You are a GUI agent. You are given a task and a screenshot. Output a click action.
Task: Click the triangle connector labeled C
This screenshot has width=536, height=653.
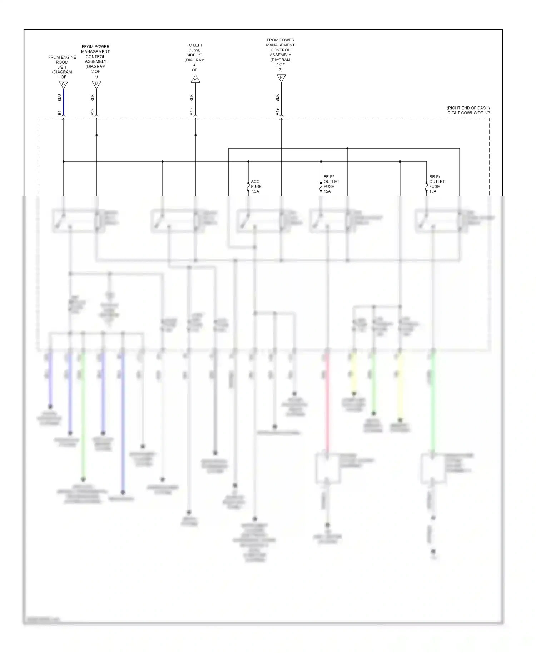pyautogui.click(x=63, y=85)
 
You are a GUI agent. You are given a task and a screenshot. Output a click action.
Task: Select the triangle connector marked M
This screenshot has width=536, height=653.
pyautogui.click(x=96, y=85)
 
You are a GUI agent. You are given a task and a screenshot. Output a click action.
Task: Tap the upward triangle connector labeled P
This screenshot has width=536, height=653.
pyautogui.click(x=195, y=79)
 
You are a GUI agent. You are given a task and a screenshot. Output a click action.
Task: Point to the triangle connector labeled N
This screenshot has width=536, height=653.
pyautogui.click(x=281, y=78)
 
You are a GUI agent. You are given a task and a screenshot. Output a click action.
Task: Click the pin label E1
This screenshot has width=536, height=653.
pyautogui.click(x=60, y=113)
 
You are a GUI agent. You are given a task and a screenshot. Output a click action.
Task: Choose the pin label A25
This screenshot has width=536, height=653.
pyautogui.click(x=93, y=112)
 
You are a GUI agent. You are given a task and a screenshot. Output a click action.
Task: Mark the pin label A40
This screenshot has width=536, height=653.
pyautogui.click(x=192, y=112)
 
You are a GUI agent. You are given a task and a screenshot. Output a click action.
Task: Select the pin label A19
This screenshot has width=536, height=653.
pyautogui.click(x=278, y=112)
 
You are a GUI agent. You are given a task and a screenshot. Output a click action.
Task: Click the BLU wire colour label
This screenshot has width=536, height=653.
pyautogui.click(x=60, y=98)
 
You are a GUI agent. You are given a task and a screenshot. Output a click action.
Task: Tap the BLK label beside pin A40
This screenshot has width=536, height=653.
pyautogui.click(x=192, y=98)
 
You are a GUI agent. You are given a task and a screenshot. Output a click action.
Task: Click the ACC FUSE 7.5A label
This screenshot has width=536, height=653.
pyautogui.click(x=256, y=186)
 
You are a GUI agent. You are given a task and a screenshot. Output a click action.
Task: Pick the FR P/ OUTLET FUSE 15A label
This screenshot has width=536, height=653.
pyautogui.click(x=331, y=184)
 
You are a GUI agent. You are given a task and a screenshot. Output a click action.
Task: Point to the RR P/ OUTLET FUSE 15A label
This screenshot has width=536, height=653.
pyautogui.click(x=437, y=184)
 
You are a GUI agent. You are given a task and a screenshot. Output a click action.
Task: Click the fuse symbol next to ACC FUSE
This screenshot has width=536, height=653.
pyautogui.click(x=248, y=187)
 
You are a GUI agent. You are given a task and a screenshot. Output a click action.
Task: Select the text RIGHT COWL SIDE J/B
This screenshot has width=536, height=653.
pyautogui.click(x=468, y=113)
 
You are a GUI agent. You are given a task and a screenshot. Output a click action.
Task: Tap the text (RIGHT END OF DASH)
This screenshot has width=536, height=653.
pyautogui.click(x=468, y=108)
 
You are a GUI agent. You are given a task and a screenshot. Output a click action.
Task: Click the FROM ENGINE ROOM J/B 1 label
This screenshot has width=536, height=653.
pyautogui.click(x=62, y=67)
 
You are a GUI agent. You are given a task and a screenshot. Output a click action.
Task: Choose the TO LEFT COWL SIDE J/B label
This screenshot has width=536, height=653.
pyautogui.click(x=194, y=58)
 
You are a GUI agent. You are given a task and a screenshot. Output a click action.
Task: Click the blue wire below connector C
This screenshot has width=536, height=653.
pyautogui.click(x=64, y=102)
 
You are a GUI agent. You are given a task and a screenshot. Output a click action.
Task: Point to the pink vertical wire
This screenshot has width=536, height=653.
pyautogui.click(x=327, y=404)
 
